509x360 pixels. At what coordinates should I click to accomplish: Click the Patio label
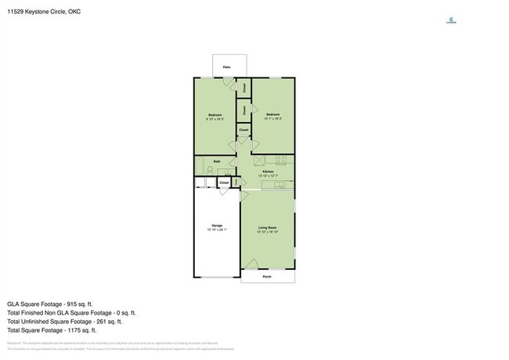coord(226,67)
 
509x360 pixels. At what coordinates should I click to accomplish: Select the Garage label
coord(215,225)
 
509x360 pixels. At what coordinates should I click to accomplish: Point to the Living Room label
coord(268,228)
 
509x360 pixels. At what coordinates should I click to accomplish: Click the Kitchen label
coord(268,171)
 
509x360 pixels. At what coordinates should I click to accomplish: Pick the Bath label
coord(217,162)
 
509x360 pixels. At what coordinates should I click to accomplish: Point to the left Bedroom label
coord(215,115)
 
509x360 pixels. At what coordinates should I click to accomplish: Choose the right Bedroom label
coord(273,115)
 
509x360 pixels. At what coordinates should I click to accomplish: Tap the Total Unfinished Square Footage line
coord(64,321)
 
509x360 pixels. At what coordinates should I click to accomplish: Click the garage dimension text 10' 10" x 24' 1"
coord(215,230)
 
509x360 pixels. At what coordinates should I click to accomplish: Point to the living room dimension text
coord(268,232)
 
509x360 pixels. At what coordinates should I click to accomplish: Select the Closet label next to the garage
coord(224,182)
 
